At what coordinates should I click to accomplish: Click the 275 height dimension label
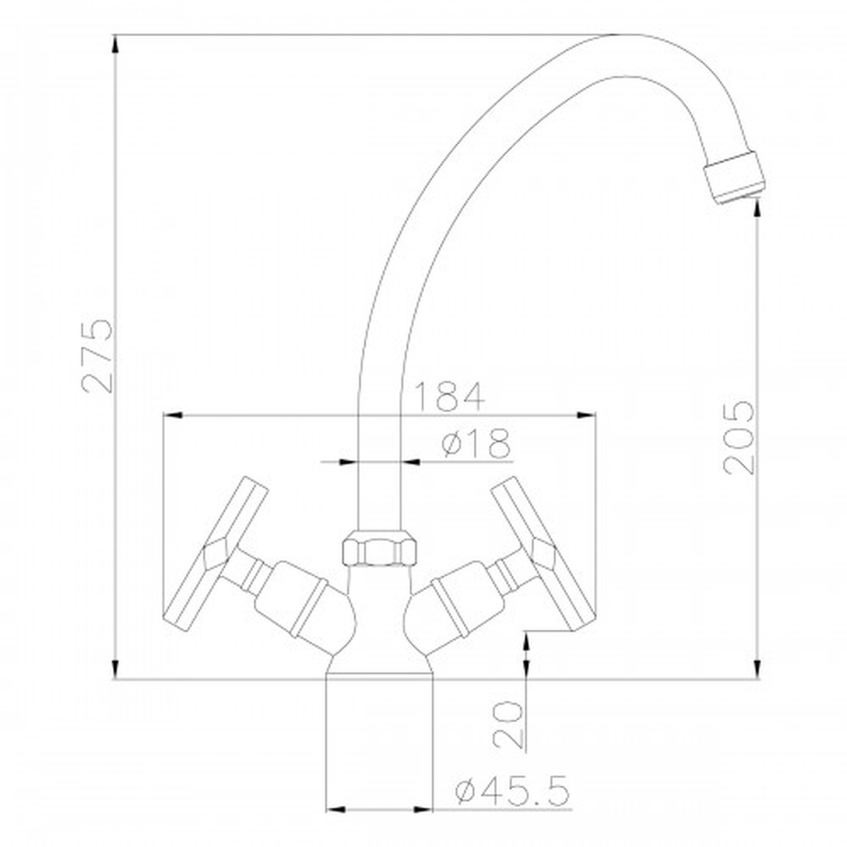pyautogui.click(x=97, y=356)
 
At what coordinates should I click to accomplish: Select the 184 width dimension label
pyautogui.click(x=449, y=396)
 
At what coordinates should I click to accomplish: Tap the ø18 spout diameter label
pyautogui.click(x=475, y=443)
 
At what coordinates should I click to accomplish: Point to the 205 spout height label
pyautogui.click(x=739, y=438)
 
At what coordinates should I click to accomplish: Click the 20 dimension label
pyautogui.click(x=508, y=724)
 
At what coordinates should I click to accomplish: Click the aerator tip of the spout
pyautogui.click(x=734, y=178)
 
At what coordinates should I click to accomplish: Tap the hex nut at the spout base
pyautogui.click(x=379, y=548)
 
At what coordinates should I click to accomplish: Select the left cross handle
pyautogui.click(x=215, y=554)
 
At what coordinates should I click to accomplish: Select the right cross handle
pyautogui.click(x=544, y=554)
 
